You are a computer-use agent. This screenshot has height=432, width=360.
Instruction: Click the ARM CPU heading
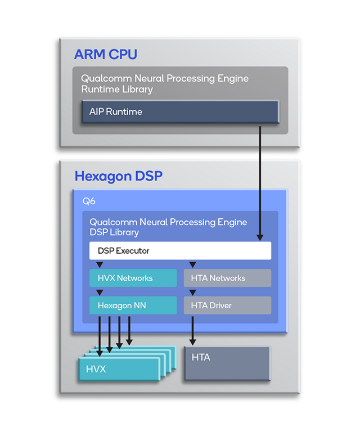point(105,55)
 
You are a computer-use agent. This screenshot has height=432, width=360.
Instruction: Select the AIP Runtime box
point(180,111)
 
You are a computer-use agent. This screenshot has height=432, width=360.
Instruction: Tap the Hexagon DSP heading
point(118,176)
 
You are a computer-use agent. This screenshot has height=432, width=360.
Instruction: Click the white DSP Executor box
point(180,251)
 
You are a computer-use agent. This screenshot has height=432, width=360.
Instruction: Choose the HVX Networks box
point(133,278)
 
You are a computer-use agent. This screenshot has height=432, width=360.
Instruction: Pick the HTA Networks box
point(227,278)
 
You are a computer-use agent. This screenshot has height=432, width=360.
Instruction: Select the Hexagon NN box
point(133,305)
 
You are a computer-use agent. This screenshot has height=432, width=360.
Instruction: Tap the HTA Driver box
point(227,305)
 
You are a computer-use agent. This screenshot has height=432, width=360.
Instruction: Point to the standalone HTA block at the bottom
point(227,363)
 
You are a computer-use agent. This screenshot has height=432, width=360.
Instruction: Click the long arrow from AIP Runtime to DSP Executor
point(260,180)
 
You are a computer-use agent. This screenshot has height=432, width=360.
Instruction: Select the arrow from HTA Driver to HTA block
point(192,331)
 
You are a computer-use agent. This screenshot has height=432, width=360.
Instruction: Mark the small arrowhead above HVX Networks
point(100,265)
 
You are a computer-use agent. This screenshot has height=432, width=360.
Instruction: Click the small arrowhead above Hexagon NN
point(100,292)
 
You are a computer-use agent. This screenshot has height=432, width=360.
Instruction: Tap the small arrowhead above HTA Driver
point(192,292)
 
